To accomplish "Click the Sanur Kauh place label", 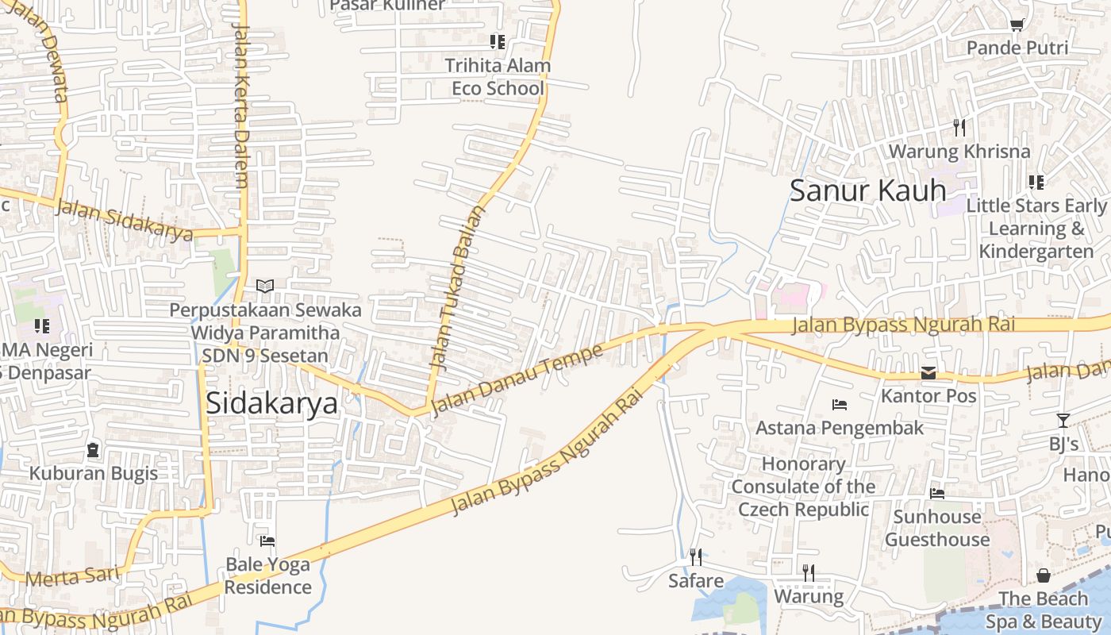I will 868,190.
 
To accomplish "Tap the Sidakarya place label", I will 271,403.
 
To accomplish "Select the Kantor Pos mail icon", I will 928,373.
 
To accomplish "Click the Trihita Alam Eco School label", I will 498,77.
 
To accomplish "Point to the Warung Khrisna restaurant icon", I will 959,127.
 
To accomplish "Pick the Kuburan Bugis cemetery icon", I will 93,450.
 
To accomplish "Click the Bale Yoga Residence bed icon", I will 267,541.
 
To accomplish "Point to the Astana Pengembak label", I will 840,428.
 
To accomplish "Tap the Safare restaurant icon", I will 695,556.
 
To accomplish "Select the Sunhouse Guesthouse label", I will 937,528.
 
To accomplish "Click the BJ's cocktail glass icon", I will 1063,421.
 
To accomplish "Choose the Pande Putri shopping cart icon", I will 1017,25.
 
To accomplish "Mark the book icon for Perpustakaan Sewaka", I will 265,286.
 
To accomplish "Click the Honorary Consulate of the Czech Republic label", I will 804,487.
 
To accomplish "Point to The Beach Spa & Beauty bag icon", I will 1044,575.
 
